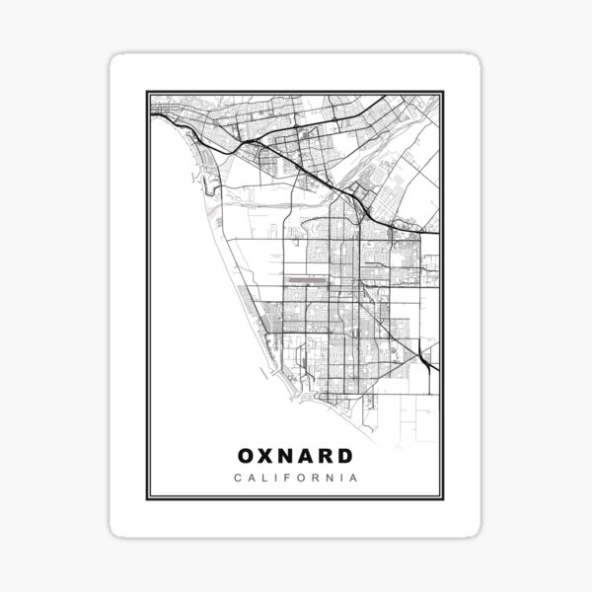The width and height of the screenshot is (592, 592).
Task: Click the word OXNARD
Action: click(295, 456)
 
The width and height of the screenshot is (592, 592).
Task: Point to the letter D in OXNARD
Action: click(344, 456)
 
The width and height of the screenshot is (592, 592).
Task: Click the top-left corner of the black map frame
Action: click(148, 93)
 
